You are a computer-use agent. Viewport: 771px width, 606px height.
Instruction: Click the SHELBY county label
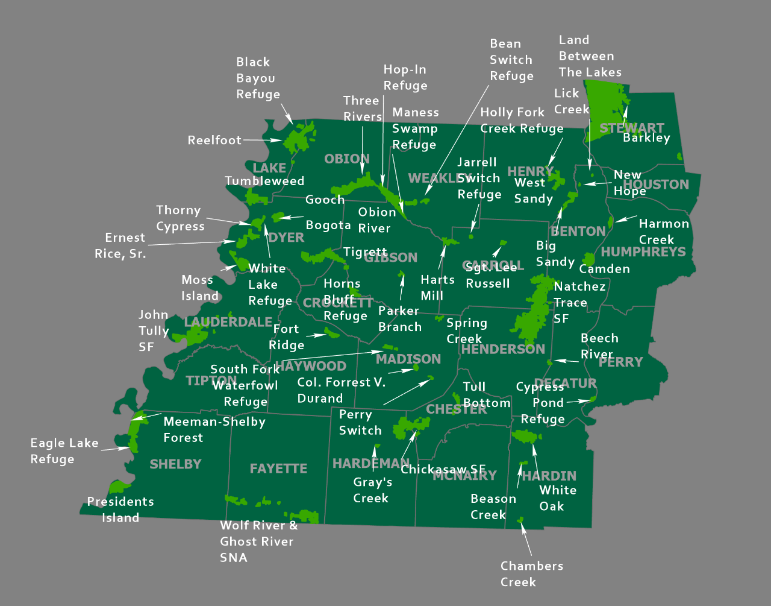(175, 464)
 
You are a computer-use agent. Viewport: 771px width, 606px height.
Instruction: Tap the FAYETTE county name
(278, 469)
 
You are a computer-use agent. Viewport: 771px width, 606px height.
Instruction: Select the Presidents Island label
(120, 510)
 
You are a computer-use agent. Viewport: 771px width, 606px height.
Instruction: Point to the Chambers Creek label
(531, 573)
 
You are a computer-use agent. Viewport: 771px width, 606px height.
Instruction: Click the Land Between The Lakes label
(589, 56)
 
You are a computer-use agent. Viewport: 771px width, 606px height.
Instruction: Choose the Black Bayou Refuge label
(258, 78)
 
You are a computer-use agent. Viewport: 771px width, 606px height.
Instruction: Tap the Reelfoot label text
(214, 140)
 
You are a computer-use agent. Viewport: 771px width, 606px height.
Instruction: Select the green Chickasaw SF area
(410, 427)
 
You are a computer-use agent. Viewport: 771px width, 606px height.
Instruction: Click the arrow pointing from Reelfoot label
(263, 140)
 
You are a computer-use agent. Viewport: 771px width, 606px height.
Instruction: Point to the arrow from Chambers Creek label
(526, 539)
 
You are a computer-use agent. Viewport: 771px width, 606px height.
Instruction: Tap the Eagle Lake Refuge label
(64, 451)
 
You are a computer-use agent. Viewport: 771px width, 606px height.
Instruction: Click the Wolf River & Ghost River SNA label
(258, 541)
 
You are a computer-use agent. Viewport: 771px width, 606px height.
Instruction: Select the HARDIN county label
(549, 476)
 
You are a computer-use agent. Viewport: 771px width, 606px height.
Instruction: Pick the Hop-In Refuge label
(405, 78)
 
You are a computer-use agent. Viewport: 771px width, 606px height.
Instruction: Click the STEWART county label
(631, 128)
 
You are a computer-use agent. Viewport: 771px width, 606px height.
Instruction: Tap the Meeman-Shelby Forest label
(214, 429)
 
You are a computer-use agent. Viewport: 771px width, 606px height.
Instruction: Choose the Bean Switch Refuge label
(511, 60)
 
